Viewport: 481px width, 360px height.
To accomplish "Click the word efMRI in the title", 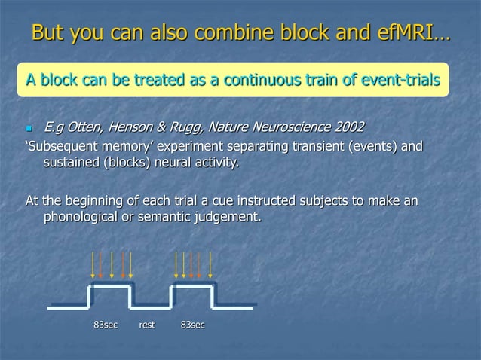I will pyautogui.click(x=403, y=34).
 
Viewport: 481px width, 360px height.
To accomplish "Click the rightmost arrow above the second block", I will pyautogui.click(x=210, y=265).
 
